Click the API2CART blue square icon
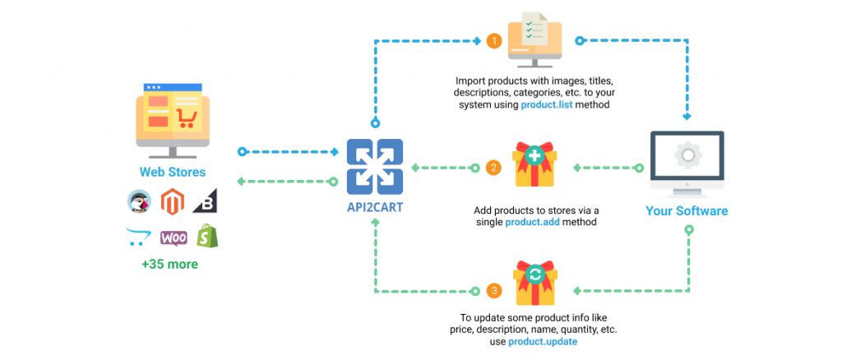tap(375, 167)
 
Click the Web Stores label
tap(172, 172)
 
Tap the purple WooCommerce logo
tap(173, 238)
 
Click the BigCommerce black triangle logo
tap(206, 201)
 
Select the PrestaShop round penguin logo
tap(139, 201)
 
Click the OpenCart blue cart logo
tap(138, 237)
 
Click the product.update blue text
tap(542, 340)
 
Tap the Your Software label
tap(686, 211)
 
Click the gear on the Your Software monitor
tap(686, 156)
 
